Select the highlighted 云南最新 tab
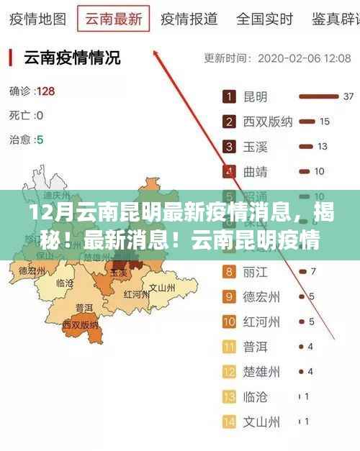pyautogui.click(x=113, y=18)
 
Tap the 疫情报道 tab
pyautogui.click(x=189, y=18)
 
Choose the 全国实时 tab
pyautogui.click(x=264, y=18)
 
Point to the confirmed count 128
pyautogui.click(x=45, y=91)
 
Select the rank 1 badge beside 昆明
pyautogui.click(x=230, y=96)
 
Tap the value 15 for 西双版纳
pyautogui.click(x=325, y=122)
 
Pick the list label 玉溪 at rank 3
pyautogui.click(x=256, y=147)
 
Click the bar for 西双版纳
pyautogui.click(x=306, y=122)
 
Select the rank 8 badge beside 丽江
pyautogui.click(x=230, y=272)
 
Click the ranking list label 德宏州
pyautogui.click(x=261, y=297)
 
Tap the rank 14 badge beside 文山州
pyautogui.click(x=230, y=422)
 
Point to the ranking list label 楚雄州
pyautogui.click(x=261, y=372)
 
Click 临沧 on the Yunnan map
pyautogui.click(x=64, y=283)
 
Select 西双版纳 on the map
pyautogui.click(x=80, y=325)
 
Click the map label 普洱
pyautogui.click(x=84, y=307)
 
